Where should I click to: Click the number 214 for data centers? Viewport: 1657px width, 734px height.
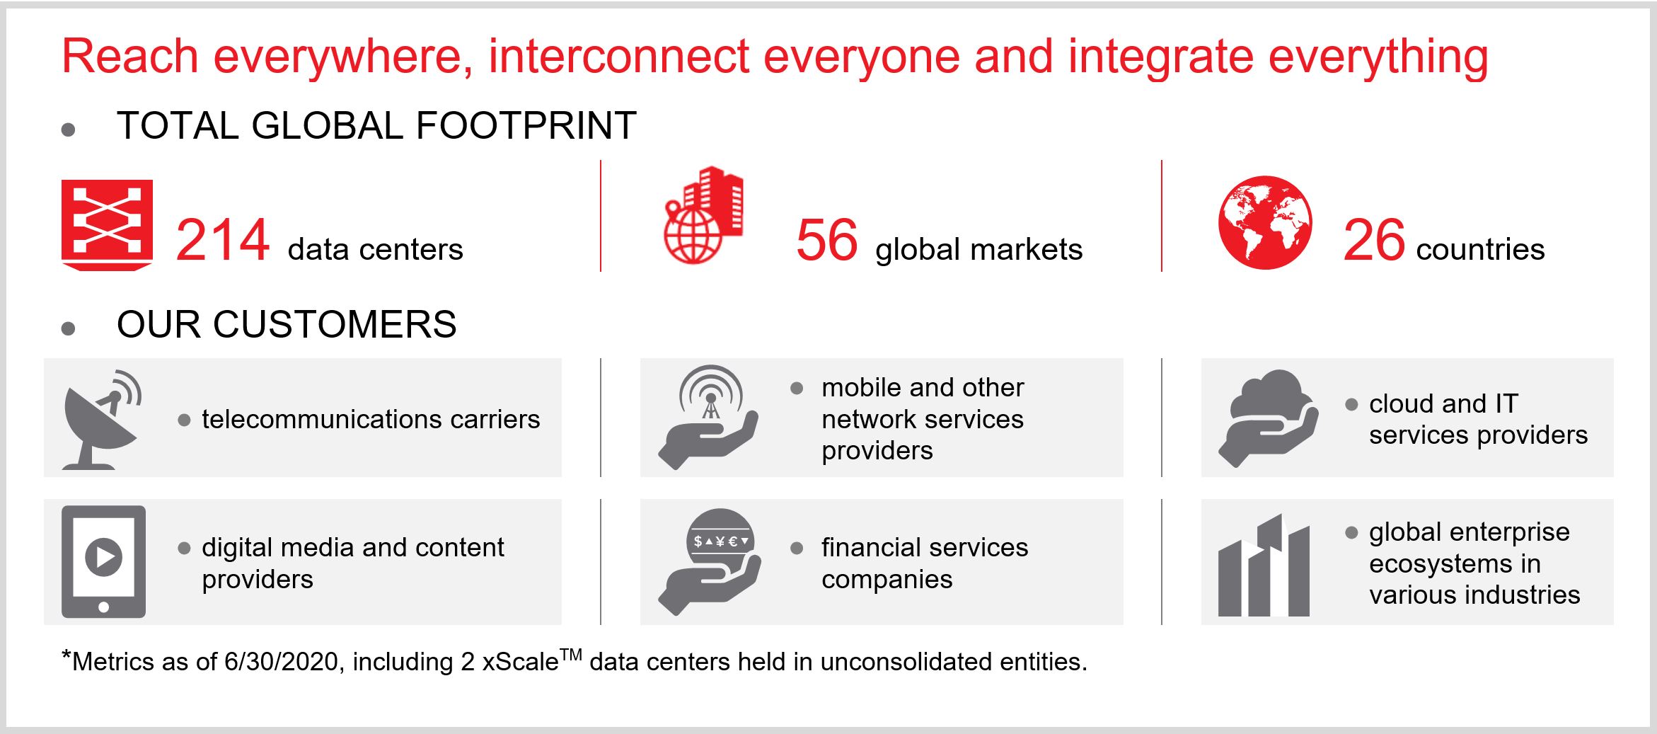pos(223,241)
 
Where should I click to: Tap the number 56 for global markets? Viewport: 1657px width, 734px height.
pos(827,241)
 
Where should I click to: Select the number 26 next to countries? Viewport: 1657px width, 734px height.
pos(1374,241)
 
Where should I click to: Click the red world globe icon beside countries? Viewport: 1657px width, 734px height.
pos(1265,222)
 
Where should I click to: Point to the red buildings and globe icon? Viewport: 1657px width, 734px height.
pos(703,215)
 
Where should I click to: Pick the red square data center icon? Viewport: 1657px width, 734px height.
pos(107,225)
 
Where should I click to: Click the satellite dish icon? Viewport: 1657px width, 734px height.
pos(103,419)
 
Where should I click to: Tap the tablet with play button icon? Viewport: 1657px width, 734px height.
pos(103,561)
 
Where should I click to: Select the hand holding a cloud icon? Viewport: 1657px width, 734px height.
pos(1268,418)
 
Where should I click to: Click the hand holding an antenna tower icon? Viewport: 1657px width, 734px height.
pos(708,417)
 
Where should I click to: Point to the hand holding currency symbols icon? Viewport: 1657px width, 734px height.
pos(710,561)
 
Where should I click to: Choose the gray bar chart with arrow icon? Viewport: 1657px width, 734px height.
pos(1264,565)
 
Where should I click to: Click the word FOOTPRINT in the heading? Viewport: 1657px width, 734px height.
pos(526,126)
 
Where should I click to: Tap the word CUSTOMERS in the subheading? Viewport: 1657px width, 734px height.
pos(335,325)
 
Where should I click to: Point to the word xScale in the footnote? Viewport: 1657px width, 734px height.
pos(520,662)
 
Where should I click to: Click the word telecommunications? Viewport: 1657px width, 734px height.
pos(322,419)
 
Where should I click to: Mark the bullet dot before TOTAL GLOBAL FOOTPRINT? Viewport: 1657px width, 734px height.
pos(69,130)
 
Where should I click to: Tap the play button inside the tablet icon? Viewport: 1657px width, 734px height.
pos(103,557)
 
